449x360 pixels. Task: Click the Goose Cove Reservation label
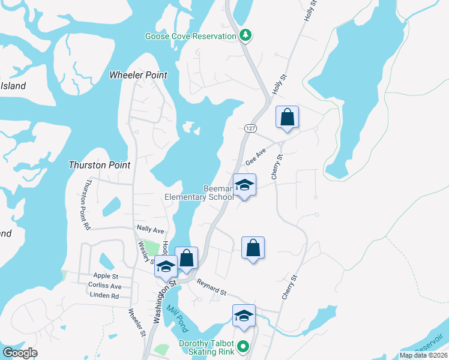(x=191, y=36)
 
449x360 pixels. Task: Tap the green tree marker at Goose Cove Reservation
(x=245, y=35)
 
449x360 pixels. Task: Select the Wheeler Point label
(x=138, y=75)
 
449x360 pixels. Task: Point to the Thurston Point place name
(x=99, y=164)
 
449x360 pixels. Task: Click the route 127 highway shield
(x=250, y=128)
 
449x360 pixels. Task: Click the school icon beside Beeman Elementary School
(x=244, y=184)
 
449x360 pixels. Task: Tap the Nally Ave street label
(x=150, y=229)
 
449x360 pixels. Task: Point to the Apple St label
(x=106, y=276)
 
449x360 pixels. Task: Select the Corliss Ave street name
(x=104, y=286)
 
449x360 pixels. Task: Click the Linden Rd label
(x=104, y=296)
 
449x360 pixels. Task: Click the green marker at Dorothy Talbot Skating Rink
(x=243, y=347)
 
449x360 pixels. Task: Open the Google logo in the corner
(x=19, y=353)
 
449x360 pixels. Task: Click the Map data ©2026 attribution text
(x=423, y=355)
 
